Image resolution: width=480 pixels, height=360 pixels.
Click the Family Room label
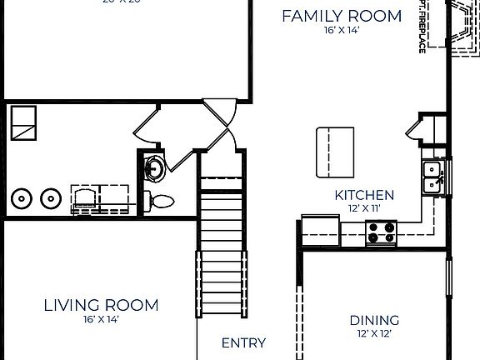341,16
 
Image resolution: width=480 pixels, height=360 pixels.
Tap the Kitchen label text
364,195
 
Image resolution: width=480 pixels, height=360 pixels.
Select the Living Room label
101,305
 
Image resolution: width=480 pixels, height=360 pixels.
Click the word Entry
243,342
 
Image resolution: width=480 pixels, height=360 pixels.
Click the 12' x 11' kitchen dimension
364,208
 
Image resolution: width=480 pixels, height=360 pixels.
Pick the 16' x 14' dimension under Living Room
101,319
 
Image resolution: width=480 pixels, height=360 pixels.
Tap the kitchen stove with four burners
382,232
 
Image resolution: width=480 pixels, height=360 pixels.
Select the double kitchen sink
432,176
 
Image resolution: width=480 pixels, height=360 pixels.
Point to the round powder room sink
152,167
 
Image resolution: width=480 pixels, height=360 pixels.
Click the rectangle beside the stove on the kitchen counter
321,227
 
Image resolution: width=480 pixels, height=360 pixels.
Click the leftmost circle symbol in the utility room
22,199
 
